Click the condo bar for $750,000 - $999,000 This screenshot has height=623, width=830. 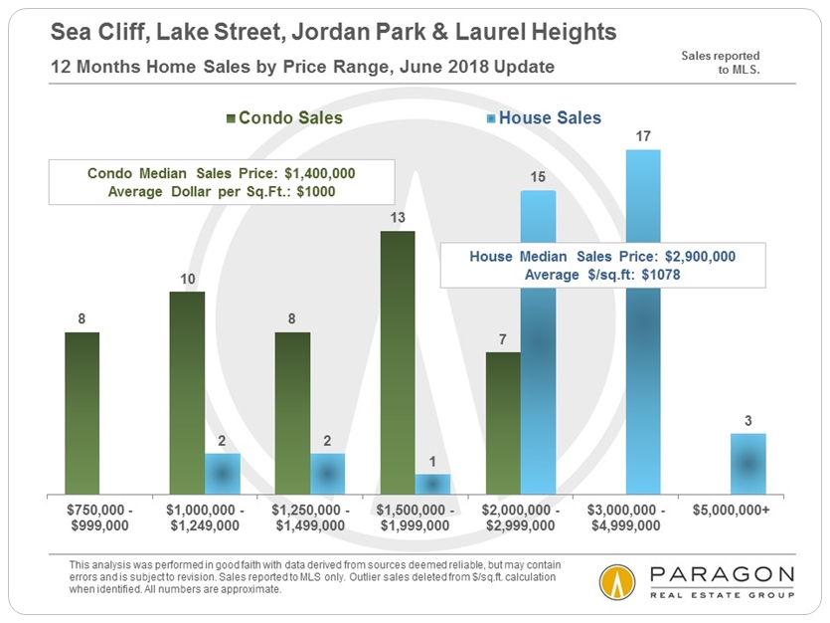83,413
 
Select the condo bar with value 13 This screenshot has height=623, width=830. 398,362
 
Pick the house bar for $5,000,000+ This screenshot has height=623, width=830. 747,464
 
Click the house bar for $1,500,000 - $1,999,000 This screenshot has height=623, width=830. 432,484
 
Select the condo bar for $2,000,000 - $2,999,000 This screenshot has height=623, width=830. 503,423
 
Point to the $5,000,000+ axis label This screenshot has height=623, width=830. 747,511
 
